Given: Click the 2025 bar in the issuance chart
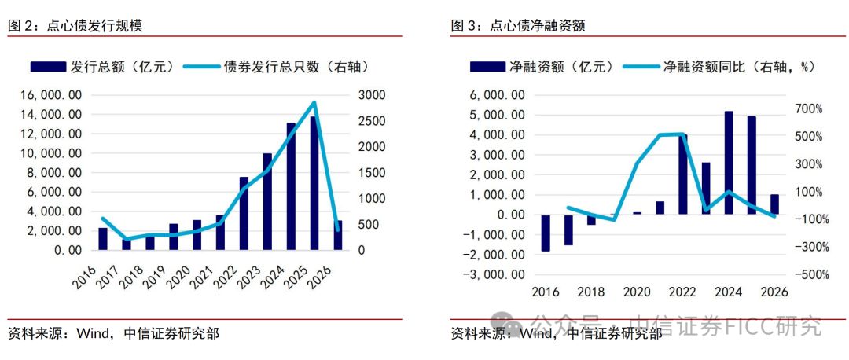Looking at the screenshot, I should click(x=314, y=183).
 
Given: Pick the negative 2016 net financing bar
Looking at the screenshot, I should click(x=546, y=233).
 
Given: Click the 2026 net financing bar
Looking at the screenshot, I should click(x=774, y=204).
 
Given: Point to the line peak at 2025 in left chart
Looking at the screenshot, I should click(x=314, y=102).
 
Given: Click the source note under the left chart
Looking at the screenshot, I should click(x=113, y=332).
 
